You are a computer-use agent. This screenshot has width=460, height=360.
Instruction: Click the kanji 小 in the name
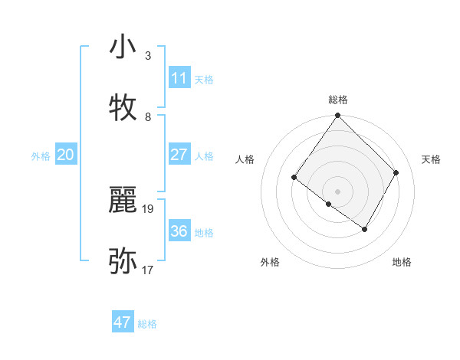point(123,48)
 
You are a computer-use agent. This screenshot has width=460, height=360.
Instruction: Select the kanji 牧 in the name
point(123,108)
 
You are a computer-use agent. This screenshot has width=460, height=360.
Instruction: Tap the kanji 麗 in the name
point(123,201)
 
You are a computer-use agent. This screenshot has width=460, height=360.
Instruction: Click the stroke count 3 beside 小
point(148,56)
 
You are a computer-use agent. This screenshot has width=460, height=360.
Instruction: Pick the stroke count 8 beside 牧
point(148,116)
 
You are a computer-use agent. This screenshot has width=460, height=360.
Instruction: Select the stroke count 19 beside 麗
point(149,208)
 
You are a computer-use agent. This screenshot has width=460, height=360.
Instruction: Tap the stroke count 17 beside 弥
point(149,270)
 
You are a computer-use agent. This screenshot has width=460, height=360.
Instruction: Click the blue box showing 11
point(179,78)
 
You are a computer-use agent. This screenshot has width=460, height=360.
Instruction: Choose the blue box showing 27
point(179,155)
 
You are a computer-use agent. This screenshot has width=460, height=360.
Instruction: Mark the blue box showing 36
point(179,231)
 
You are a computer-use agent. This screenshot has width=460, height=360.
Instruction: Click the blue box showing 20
point(66,155)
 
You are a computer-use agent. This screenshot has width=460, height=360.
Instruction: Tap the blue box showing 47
point(123,322)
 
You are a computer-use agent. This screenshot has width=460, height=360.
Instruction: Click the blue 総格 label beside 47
point(147,324)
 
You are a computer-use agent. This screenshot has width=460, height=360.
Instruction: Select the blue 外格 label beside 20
point(41,156)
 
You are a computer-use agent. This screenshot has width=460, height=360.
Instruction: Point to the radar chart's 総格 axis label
point(338,100)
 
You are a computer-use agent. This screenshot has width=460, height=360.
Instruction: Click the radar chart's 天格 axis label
point(432,159)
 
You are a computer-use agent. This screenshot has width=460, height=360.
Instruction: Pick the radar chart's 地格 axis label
point(402,262)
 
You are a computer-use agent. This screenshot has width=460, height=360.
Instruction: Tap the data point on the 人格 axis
point(294,178)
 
